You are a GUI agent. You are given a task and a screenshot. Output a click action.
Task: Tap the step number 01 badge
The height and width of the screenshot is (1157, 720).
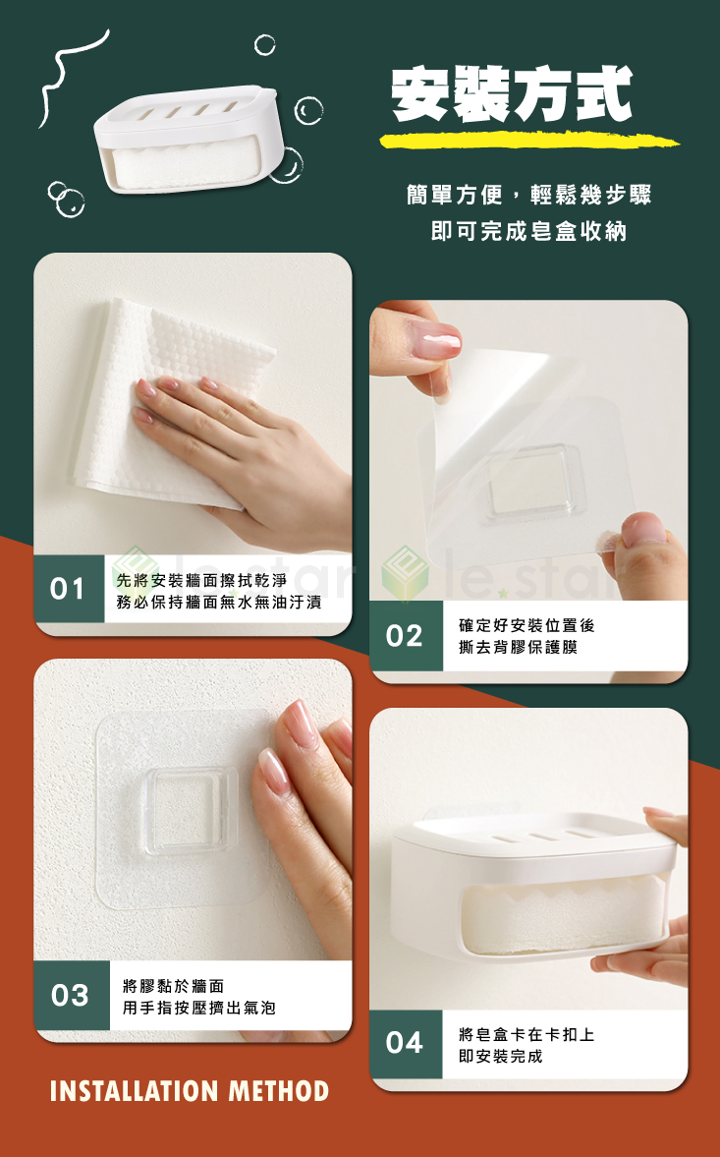(68, 589)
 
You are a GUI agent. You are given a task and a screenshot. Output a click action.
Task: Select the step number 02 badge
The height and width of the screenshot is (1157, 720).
(405, 636)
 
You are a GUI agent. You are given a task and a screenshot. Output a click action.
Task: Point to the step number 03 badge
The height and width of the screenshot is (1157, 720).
(70, 995)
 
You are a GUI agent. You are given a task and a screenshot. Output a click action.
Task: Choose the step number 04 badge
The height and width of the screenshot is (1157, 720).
(405, 1043)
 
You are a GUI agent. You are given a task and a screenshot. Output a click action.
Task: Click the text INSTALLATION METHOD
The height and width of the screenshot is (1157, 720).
(190, 1090)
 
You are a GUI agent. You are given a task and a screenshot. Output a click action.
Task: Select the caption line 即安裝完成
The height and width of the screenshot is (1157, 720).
(500, 1056)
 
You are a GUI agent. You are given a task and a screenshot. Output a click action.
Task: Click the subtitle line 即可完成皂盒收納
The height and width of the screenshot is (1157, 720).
(528, 232)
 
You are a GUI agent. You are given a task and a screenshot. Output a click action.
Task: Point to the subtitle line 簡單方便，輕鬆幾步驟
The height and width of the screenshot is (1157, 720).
(528, 195)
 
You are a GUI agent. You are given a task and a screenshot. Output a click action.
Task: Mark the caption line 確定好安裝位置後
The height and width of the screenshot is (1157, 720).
(526, 624)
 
